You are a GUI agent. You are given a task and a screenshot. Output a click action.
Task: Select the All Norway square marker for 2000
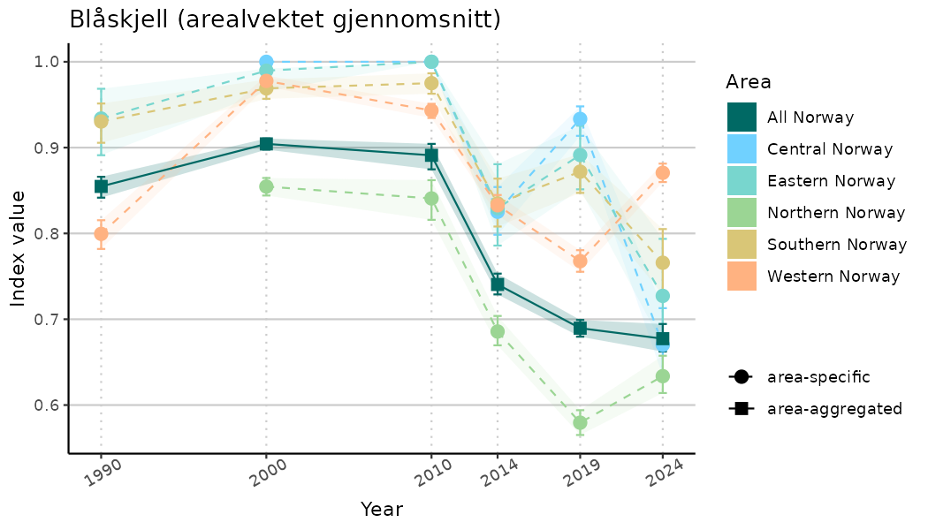pyautogui.click(x=266, y=144)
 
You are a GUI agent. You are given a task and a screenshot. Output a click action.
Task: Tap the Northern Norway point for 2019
pyautogui.click(x=580, y=423)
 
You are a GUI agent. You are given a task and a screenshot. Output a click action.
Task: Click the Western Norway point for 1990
pyautogui.click(x=101, y=234)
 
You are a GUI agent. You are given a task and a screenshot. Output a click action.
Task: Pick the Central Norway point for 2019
pyautogui.click(x=580, y=119)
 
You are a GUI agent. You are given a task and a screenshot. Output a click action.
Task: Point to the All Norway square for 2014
pyautogui.click(x=498, y=284)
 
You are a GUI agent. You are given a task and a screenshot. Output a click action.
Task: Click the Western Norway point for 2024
pyautogui.click(x=663, y=173)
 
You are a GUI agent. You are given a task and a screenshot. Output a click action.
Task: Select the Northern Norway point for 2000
pyautogui.click(x=266, y=186)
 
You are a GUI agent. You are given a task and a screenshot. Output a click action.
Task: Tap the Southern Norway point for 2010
pyautogui.click(x=431, y=83)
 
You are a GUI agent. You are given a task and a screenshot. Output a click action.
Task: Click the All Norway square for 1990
pyautogui.click(x=101, y=186)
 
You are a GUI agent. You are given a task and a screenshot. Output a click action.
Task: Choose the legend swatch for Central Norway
pyautogui.click(x=742, y=149)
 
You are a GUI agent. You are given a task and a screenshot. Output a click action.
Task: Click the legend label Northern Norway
pyautogui.click(x=836, y=213)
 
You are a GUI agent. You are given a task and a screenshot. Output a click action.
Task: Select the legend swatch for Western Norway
pyautogui.click(x=742, y=276)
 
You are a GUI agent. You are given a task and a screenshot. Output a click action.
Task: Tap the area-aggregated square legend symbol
pyautogui.click(x=741, y=409)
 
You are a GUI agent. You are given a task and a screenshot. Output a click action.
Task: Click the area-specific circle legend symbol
pyautogui.click(x=741, y=377)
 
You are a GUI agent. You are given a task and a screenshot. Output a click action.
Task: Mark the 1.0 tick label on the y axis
pyautogui.click(x=49, y=62)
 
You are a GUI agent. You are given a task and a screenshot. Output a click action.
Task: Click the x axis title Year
pyautogui.click(x=382, y=510)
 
